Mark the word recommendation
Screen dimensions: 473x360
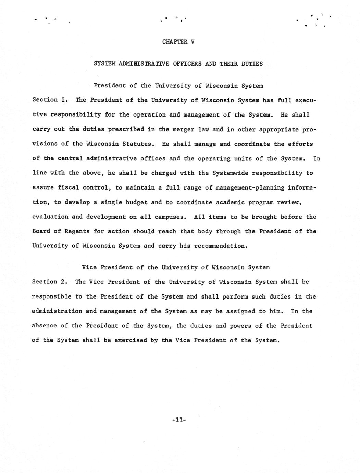point(220,246)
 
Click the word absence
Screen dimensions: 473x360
point(44,326)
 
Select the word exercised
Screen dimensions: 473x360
point(131,340)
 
